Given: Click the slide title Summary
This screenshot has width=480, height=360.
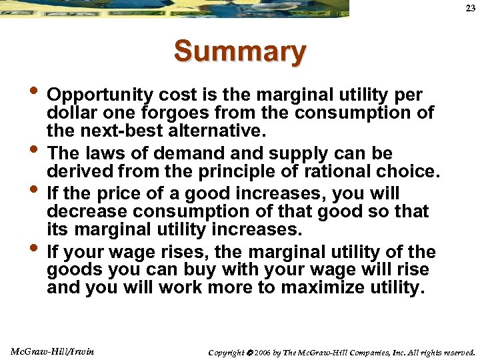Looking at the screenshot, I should click(240, 52).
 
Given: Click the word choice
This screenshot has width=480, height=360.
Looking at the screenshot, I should click(405, 171).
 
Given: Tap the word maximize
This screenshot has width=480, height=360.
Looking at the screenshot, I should click(323, 289).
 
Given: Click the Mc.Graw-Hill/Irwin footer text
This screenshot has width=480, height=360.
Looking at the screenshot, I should click(53, 351).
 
